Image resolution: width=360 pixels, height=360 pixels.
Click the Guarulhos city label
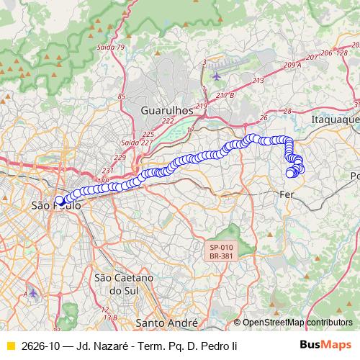[168, 111]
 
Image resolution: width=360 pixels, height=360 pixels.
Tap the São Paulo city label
[56, 206]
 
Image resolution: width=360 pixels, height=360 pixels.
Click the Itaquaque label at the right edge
[335, 118]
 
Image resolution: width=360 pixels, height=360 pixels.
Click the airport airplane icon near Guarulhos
[217, 75]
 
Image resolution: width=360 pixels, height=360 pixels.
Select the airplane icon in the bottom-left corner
[32, 293]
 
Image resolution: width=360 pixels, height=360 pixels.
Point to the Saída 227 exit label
[130, 142]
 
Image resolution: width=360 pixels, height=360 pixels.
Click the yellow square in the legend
[10, 346]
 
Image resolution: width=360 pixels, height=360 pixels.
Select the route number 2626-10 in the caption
[41, 346]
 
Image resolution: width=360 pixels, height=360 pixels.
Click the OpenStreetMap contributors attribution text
[297, 323]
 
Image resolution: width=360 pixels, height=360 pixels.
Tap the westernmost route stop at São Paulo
[59, 201]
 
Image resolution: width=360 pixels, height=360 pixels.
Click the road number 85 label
[121, 96]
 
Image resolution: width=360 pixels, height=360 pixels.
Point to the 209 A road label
[292, 66]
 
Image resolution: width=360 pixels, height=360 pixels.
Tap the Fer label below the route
[287, 194]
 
